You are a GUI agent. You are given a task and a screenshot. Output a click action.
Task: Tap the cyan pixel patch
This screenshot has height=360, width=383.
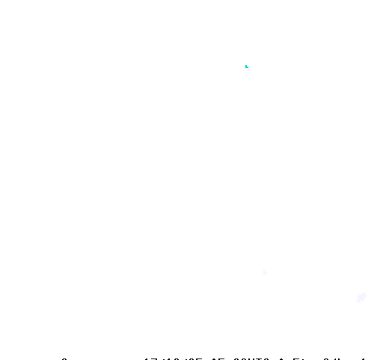[x=245, y=67]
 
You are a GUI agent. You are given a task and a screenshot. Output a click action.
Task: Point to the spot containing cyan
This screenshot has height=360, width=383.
[x=245, y=67]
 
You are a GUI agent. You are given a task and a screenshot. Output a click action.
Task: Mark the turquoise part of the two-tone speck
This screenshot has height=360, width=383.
[x=245, y=67]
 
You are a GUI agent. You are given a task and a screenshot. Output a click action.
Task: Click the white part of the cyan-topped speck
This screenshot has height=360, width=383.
[x=248, y=69]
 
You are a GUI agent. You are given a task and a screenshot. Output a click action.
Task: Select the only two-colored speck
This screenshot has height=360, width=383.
[x=247, y=68]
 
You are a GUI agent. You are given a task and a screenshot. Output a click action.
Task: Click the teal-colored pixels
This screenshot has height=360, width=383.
[x=245, y=67]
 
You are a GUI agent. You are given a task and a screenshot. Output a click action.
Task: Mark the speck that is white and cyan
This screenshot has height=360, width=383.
[x=247, y=68]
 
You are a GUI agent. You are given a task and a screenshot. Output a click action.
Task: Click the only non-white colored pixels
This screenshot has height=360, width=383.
[x=245, y=67]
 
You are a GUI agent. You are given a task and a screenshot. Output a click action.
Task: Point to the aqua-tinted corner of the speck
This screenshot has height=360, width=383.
[x=245, y=67]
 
